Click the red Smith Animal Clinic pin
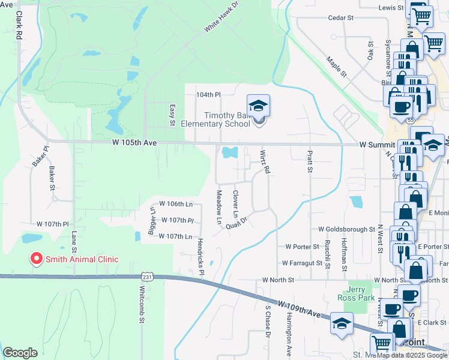[x=36, y=259]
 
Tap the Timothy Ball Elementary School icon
[x=259, y=107]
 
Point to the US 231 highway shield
[x=147, y=276]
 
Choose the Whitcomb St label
[x=142, y=312]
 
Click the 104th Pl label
[x=209, y=95]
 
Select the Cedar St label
[x=340, y=18]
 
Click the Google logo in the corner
[x=20, y=353]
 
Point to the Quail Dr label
[x=237, y=222]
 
